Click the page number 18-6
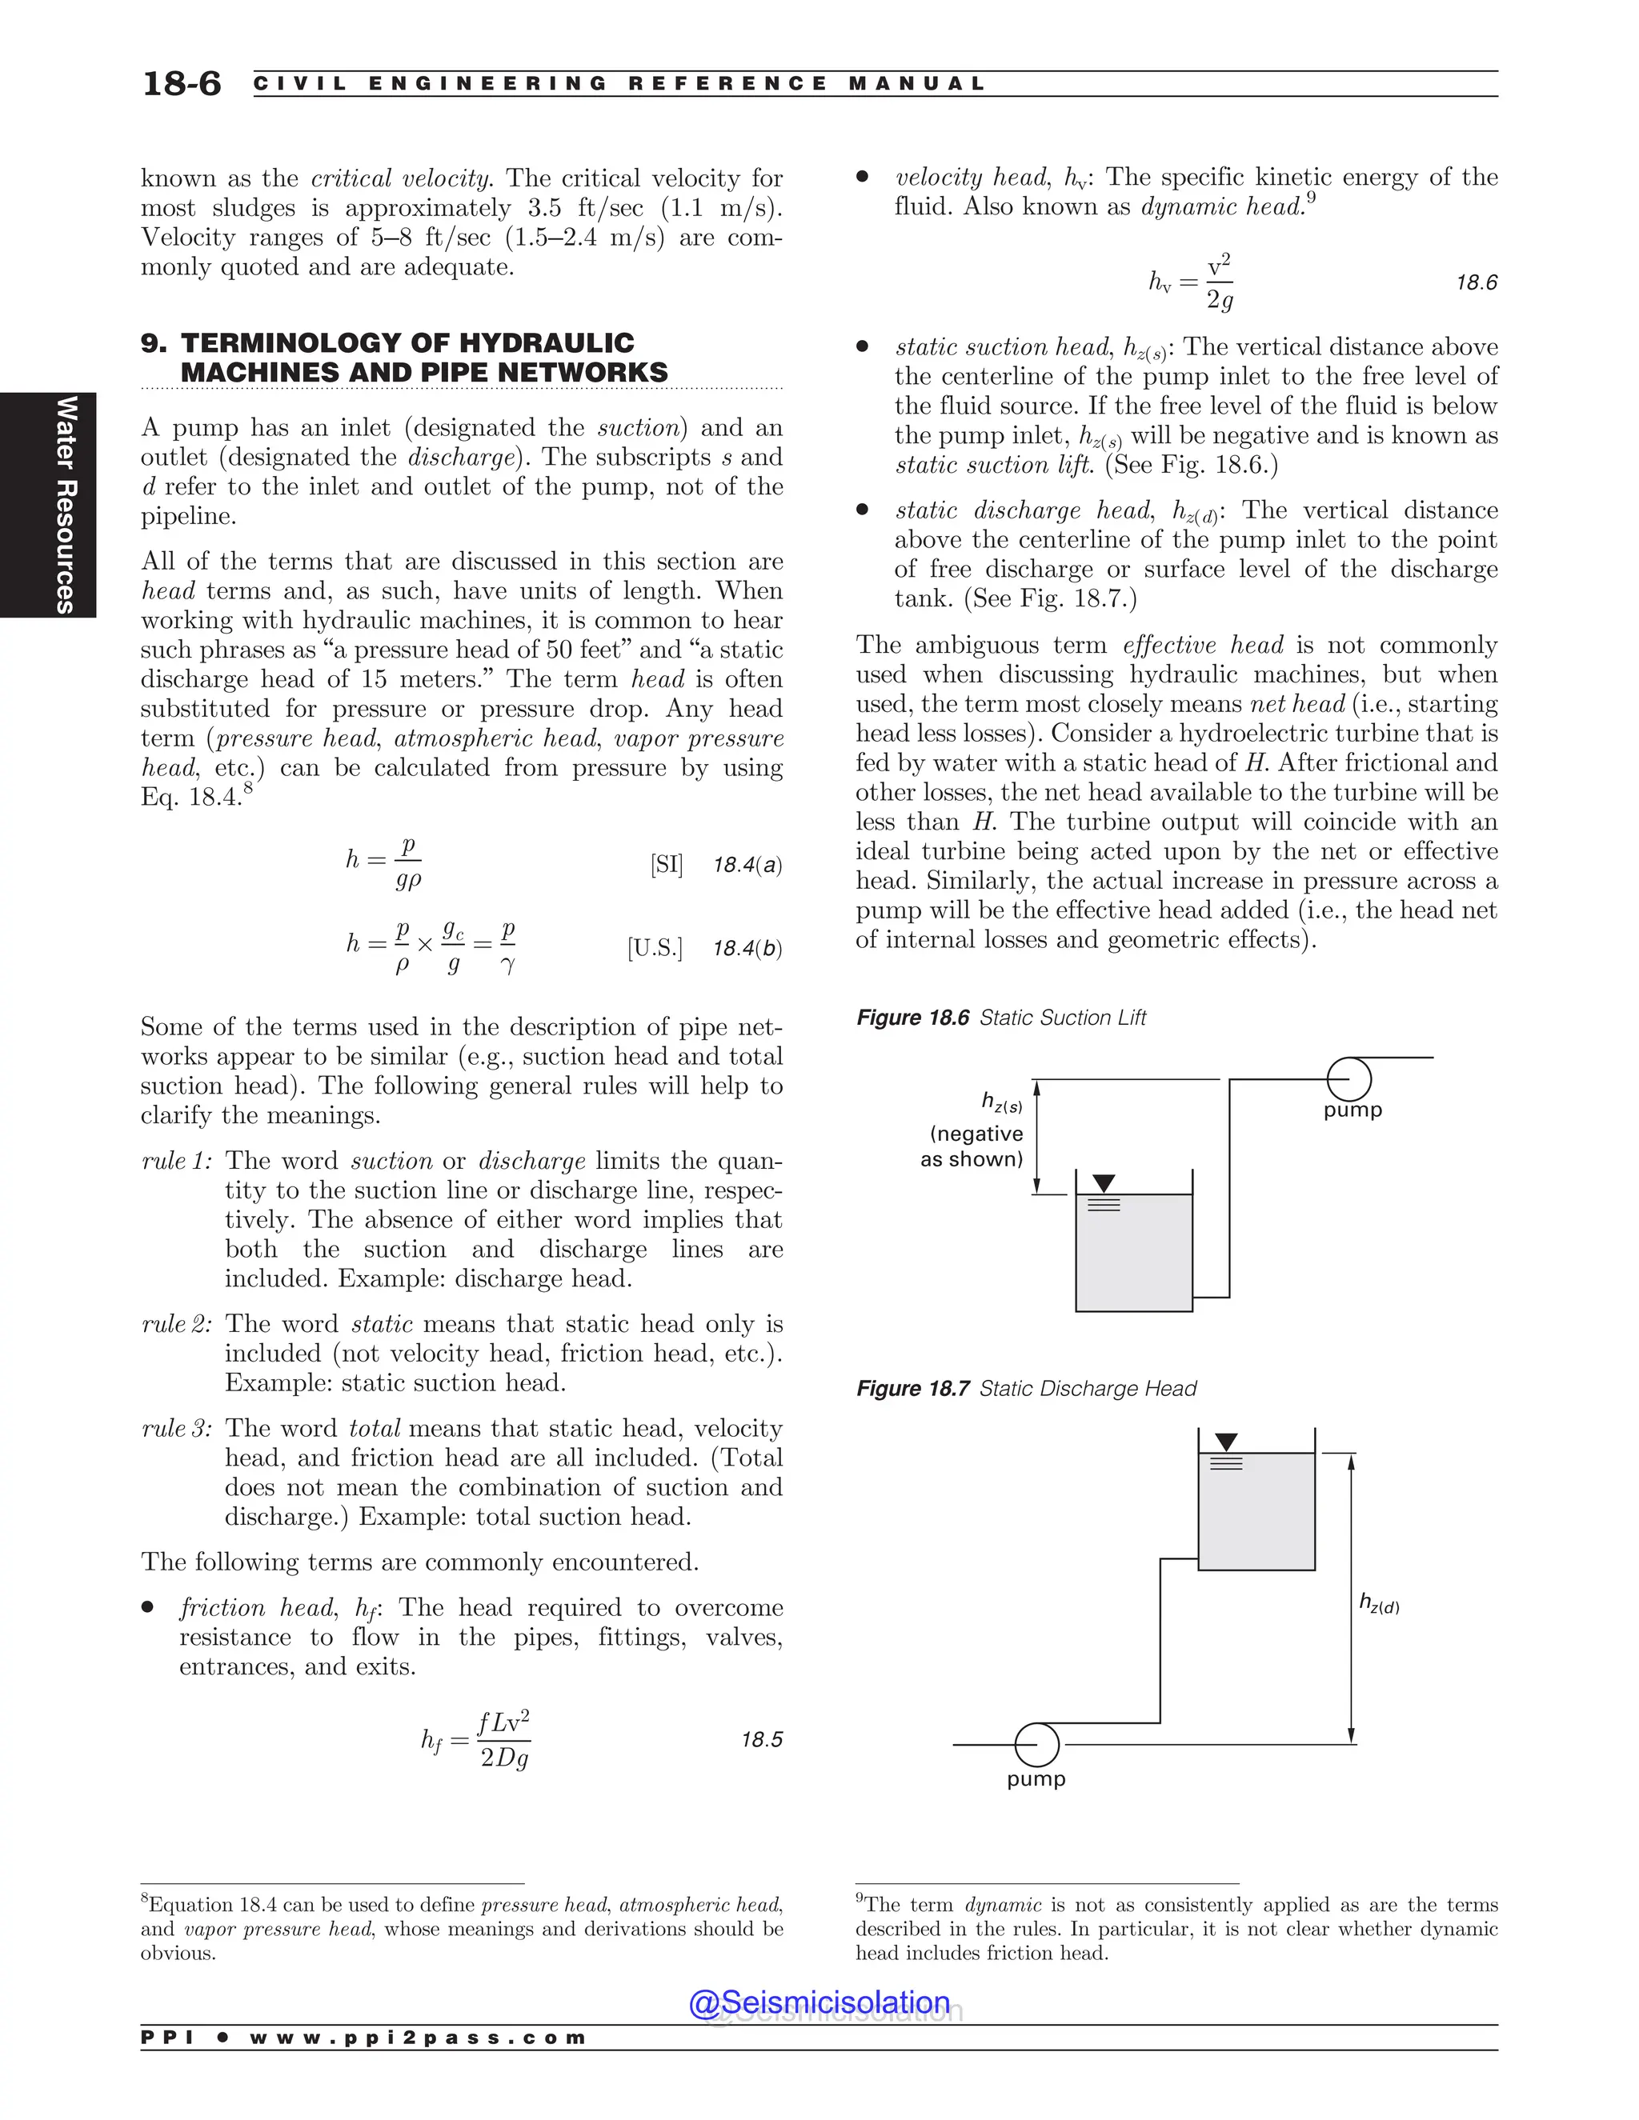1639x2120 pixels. pyautogui.click(x=182, y=83)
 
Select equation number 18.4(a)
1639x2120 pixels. pyautogui.click(x=747, y=865)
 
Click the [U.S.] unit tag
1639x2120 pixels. pyautogui.click(x=655, y=947)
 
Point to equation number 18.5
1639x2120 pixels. pyautogui.click(x=761, y=1739)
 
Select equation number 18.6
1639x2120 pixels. pyautogui.click(x=1476, y=282)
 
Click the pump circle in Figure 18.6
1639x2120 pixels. pyautogui.click(x=1348, y=1078)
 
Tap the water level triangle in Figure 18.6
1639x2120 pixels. pyautogui.click(x=1104, y=1183)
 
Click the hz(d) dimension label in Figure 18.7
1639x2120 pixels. pyautogui.click(x=1379, y=1603)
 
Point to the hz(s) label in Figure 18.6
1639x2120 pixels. pyautogui.click(x=1001, y=1102)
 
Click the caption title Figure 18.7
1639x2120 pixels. pyautogui.click(x=912, y=1389)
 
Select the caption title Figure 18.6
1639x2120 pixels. pyautogui.click(x=912, y=1018)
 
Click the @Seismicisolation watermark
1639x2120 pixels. pyautogui.click(x=819, y=2002)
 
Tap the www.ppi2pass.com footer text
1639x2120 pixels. pyautogui.click(x=418, y=2038)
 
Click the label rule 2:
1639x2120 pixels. pyautogui.click(x=177, y=1324)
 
